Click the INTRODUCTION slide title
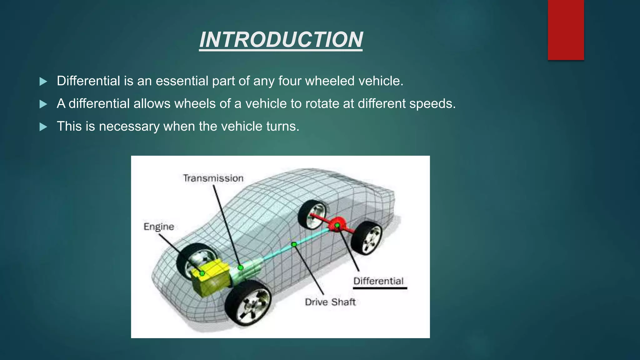tap(281, 40)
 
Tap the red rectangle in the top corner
tap(566, 30)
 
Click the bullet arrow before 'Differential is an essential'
tap(43, 82)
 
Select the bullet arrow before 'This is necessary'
tap(43, 127)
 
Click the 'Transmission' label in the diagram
tap(213, 178)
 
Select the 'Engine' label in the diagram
tap(159, 227)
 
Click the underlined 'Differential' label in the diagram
tap(378, 281)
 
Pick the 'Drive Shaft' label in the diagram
tap(330, 302)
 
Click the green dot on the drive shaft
tap(294, 244)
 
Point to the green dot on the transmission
tap(240, 268)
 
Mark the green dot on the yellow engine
tap(202, 273)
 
